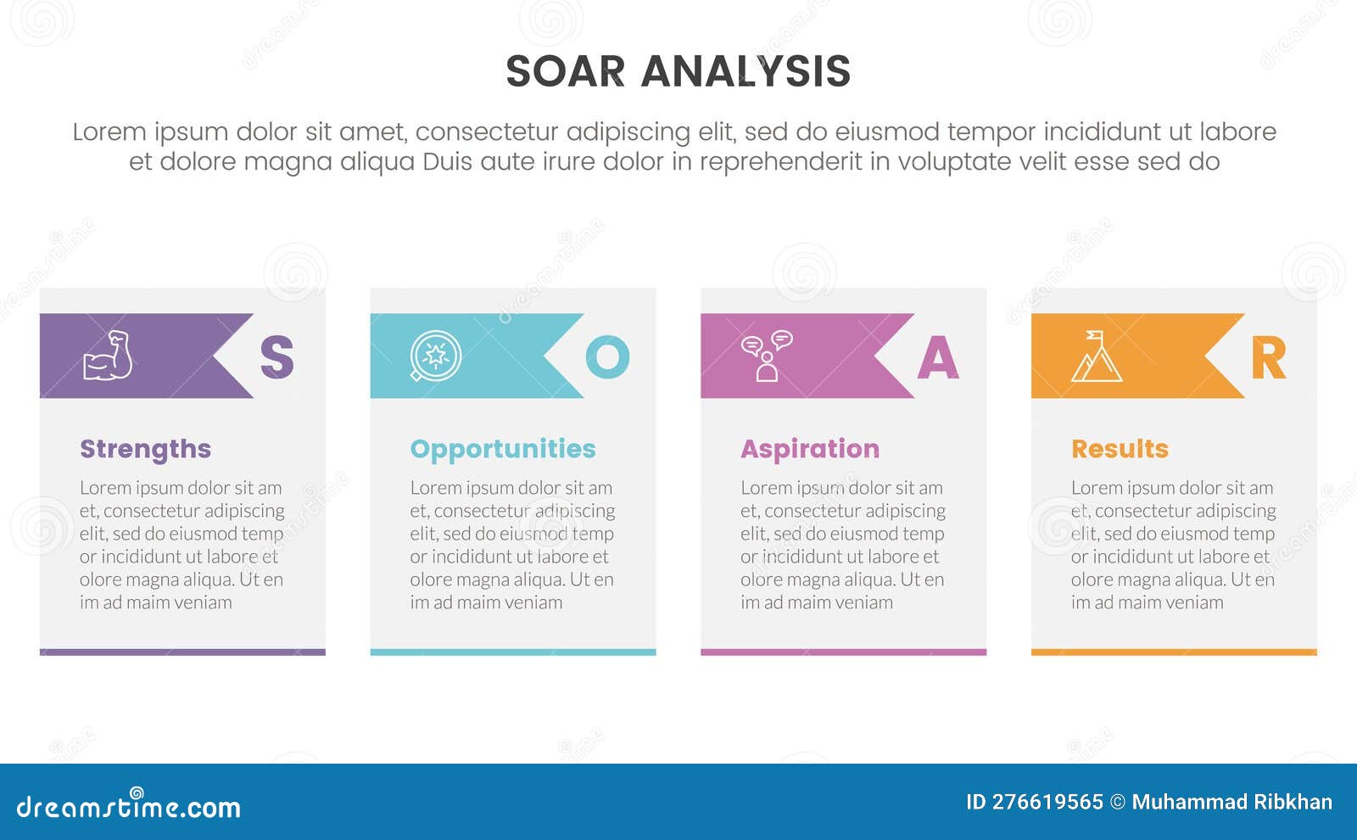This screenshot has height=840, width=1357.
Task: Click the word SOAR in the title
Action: [x=565, y=71]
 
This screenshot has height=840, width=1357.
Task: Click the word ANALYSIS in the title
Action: [x=746, y=71]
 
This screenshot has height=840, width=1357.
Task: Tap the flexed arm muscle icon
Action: [x=108, y=356]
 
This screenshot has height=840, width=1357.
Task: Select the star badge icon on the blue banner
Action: [x=435, y=356]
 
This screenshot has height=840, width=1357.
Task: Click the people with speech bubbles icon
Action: [x=767, y=356]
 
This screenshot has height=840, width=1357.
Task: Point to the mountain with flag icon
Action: [x=1097, y=356]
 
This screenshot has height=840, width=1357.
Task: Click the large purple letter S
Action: [x=276, y=357]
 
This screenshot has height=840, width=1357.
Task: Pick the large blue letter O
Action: [x=607, y=357]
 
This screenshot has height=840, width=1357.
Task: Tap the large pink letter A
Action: [x=938, y=357]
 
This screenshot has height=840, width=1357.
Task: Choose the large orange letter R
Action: [x=1269, y=357]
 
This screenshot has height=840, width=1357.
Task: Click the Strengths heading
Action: [x=145, y=450]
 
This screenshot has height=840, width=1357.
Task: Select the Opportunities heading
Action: [x=503, y=450]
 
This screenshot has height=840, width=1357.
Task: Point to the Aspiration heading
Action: [x=810, y=450]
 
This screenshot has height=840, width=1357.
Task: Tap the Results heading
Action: [x=1120, y=449]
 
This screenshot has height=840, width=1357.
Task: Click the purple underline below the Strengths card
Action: [x=182, y=652]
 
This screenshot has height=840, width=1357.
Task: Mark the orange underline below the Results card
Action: [x=1174, y=652]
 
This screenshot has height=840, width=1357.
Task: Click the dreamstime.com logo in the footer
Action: [x=128, y=804]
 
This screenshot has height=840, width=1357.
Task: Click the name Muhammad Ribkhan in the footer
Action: [x=1232, y=802]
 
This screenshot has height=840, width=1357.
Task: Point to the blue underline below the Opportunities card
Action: [x=513, y=652]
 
